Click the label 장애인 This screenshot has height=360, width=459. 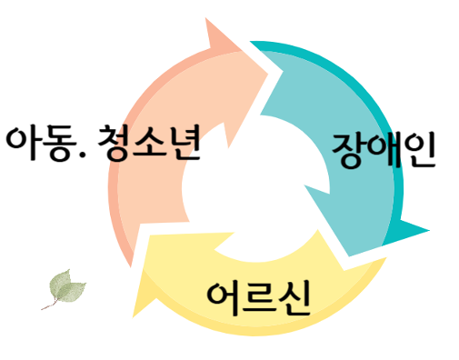point(384,150)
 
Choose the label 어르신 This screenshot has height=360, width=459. point(259,296)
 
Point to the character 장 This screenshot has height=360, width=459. point(350,150)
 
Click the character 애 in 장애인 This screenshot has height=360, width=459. point(384,150)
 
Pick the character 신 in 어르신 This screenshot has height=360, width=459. point(293,296)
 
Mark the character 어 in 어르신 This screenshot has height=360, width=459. point(225,296)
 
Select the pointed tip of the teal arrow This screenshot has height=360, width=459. point(428,232)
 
